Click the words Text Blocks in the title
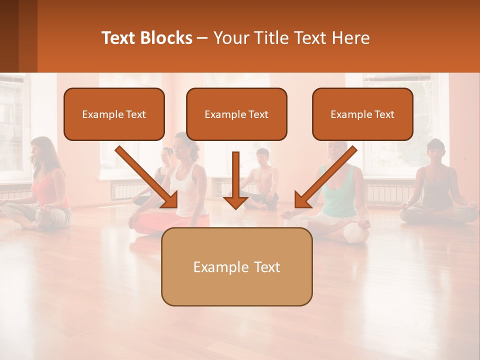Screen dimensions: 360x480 coord(146,38)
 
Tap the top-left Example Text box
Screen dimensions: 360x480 coord(114,114)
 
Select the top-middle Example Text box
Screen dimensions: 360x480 coord(236,114)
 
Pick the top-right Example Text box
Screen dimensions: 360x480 coord(362,114)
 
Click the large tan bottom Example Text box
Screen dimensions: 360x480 coord(236,266)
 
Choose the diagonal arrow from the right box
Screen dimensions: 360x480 coord(325,177)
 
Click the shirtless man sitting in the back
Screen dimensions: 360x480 coord(261,180)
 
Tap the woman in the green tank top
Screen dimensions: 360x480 coord(340,190)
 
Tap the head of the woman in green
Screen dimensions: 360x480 coord(337,150)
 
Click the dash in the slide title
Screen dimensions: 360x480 coord(202,38)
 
